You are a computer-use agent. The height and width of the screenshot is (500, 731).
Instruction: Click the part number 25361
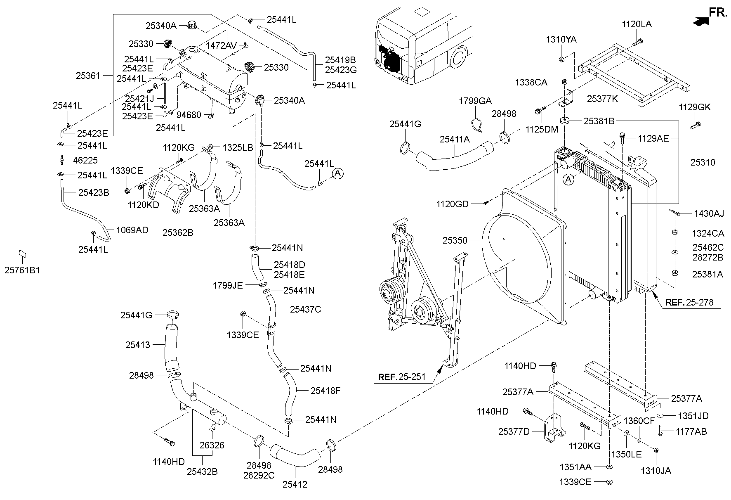(88, 76)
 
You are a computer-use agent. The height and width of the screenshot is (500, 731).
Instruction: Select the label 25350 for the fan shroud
(455, 240)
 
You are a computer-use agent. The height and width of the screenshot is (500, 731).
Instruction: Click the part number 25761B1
(22, 270)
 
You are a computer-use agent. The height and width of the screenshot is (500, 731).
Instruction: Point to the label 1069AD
(132, 230)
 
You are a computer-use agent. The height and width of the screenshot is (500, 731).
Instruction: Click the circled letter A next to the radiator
(568, 179)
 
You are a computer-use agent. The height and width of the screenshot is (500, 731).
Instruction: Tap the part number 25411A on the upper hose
(454, 140)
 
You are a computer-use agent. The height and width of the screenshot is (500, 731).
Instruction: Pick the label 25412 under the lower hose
(295, 484)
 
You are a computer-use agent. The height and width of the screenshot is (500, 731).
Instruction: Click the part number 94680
(189, 115)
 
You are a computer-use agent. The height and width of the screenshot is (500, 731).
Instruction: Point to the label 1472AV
(222, 45)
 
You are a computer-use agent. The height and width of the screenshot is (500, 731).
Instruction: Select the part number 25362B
(177, 232)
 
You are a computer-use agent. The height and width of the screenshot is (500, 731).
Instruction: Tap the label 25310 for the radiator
(703, 162)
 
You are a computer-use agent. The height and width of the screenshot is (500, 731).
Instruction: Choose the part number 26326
(212, 445)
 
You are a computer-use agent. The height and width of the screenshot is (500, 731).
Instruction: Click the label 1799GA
(475, 101)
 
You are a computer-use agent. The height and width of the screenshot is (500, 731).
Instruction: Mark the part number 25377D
(514, 431)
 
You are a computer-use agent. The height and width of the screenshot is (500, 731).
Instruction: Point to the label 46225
(85, 160)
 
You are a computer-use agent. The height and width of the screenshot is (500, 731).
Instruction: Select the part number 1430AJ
(709, 213)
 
